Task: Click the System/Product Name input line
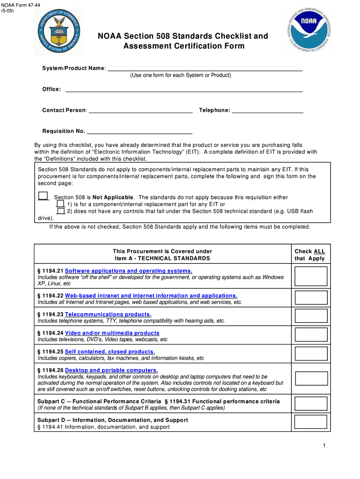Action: [x=205, y=68]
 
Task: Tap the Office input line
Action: [x=184, y=89]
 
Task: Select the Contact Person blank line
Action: [x=140, y=110]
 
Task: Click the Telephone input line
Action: [x=267, y=110]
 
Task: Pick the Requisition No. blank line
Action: [x=139, y=131]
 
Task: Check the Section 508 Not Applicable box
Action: [x=43, y=196]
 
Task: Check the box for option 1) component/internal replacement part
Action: [x=60, y=204]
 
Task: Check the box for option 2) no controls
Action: [x=60, y=211]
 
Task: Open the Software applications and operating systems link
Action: [x=129, y=271]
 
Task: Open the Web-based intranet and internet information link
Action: [x=151, y=296]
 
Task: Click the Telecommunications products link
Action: [x=108, y=314]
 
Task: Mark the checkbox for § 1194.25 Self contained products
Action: [x=311, y=354]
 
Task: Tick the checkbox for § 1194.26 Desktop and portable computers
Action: [x=311, y=378]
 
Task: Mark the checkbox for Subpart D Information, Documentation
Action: [x=311, y=422]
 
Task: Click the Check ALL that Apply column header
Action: [x=310, y=254]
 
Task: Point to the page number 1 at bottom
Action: [x=324, y=445]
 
